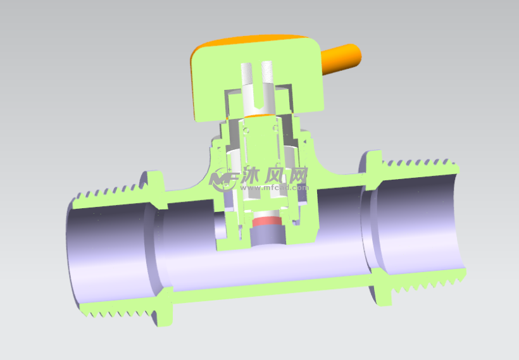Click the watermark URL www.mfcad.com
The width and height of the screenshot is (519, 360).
(275, 188)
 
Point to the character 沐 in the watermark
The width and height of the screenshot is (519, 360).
(250, 175)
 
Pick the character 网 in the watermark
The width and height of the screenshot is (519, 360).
(297, 175)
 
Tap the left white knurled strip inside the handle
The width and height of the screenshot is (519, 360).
(246, 73)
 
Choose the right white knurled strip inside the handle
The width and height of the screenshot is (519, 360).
(267, 71)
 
